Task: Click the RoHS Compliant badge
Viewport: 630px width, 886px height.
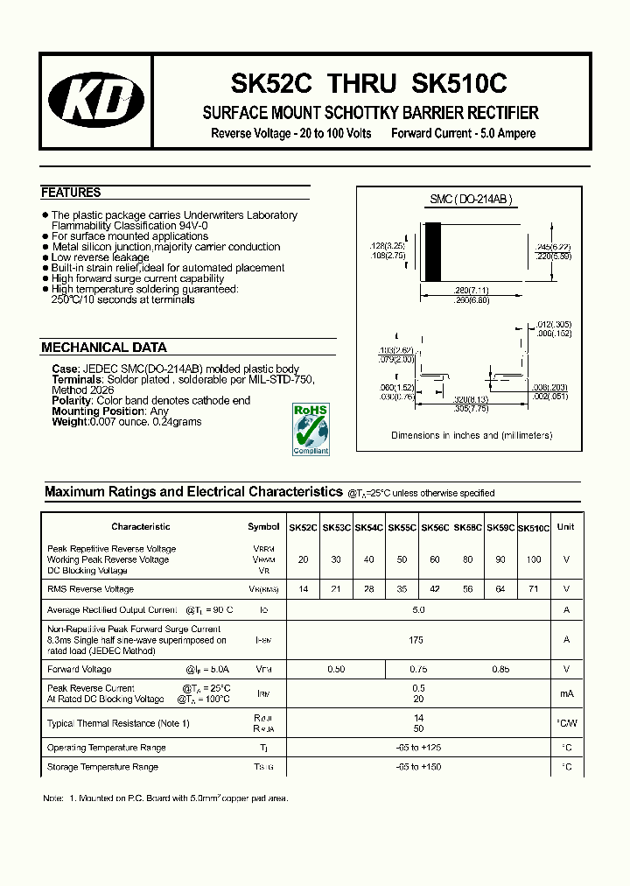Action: point(311,429)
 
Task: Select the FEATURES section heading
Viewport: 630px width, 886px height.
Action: point(71,193)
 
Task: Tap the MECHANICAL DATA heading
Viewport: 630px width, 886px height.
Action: point(104,348)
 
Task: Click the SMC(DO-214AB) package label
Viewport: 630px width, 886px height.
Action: point(470,200)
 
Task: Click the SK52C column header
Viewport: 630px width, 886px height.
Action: point(303,528)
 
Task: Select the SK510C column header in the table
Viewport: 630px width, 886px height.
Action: point(534,528)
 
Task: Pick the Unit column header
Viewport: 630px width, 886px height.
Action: point(565,527)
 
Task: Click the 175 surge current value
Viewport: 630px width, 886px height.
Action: point(416,640)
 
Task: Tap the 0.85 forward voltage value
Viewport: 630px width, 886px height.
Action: point(500,670)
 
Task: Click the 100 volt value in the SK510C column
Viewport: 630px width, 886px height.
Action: point(534,559)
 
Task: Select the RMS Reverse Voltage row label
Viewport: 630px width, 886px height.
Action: point(91,589)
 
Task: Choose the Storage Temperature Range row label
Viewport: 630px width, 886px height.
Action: point(102,767)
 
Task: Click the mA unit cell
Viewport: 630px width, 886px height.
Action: point(566,693)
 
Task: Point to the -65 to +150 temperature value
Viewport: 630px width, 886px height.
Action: point(416,767)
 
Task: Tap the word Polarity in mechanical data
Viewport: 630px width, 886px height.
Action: point(71,401)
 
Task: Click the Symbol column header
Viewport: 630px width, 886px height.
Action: point(263,527)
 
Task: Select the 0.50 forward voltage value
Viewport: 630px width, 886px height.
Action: point(335,670)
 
